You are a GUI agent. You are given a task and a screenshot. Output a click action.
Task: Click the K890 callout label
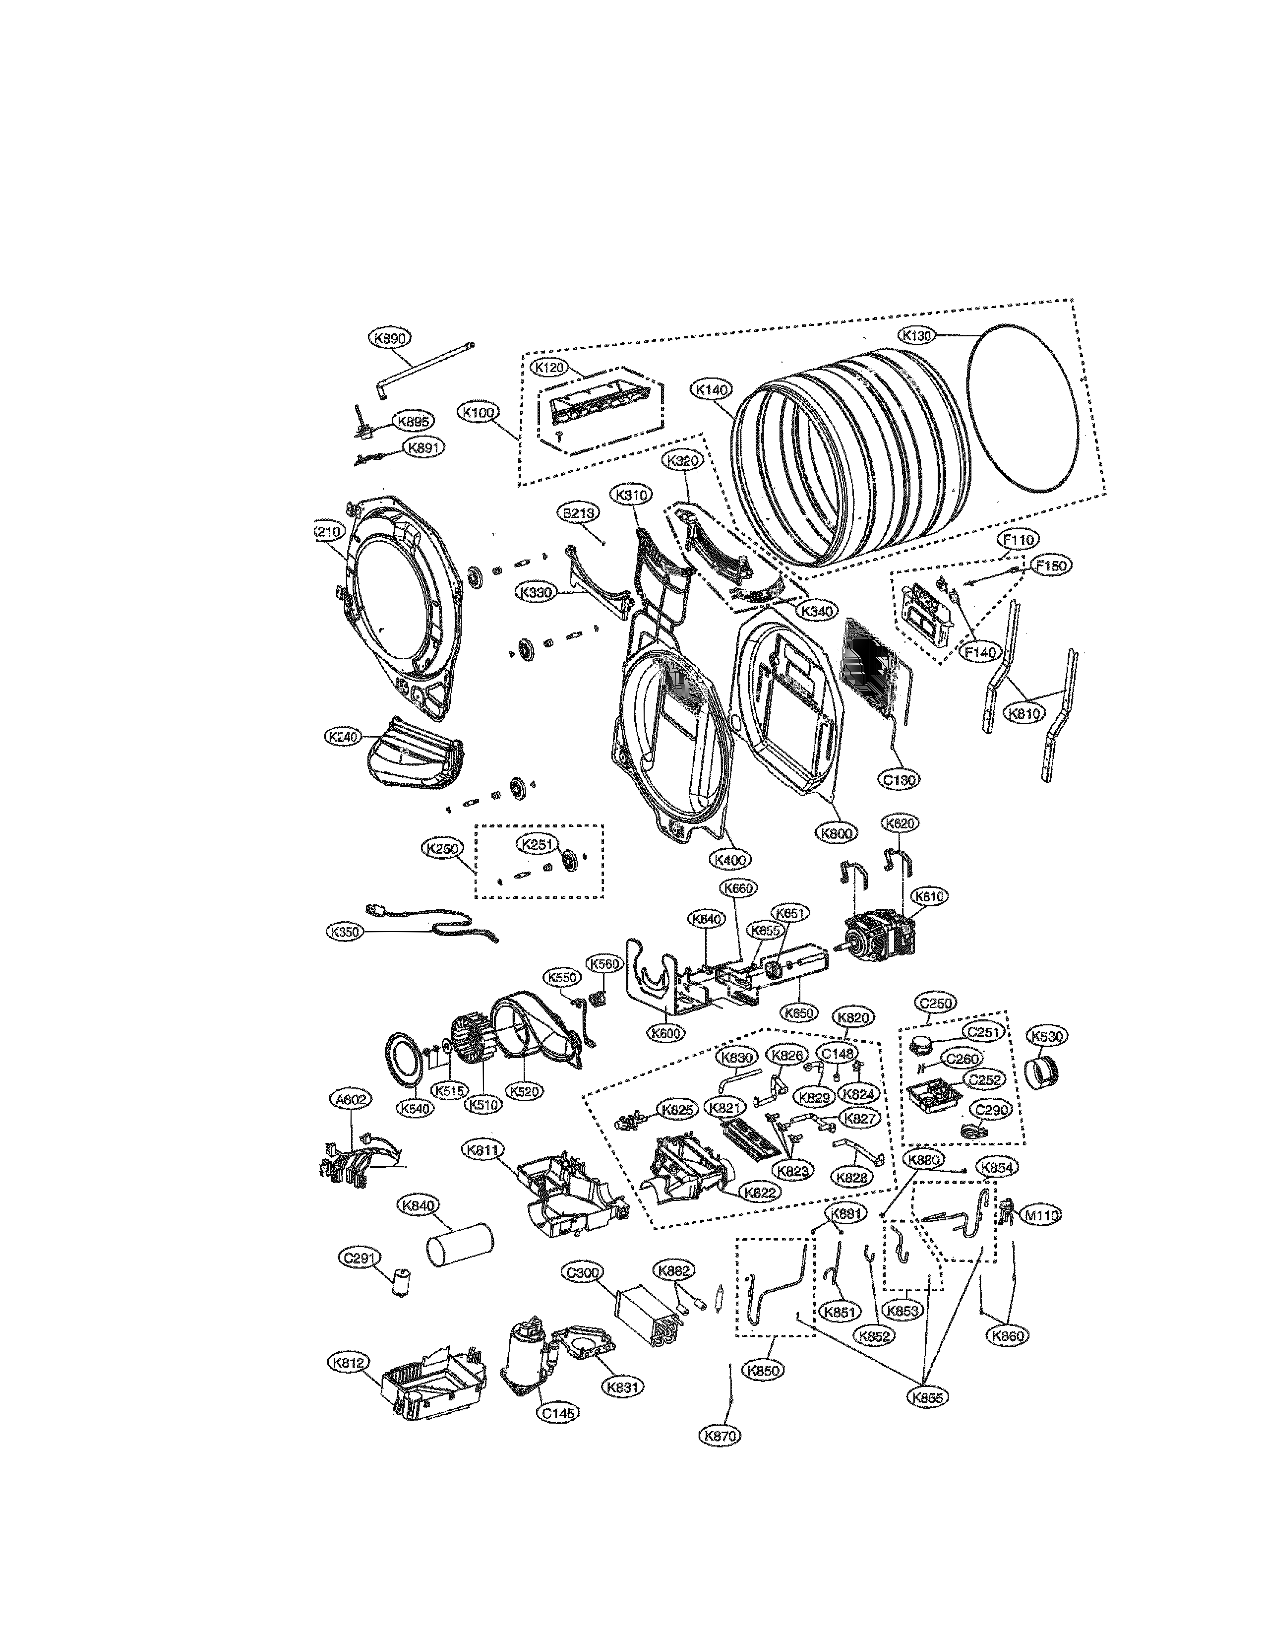[390, 338]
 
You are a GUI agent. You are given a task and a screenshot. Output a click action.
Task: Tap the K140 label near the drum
[713, 390]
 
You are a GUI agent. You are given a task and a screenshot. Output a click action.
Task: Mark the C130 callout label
[899, 779]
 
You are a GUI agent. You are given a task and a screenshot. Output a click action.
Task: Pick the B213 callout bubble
[578, 513]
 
